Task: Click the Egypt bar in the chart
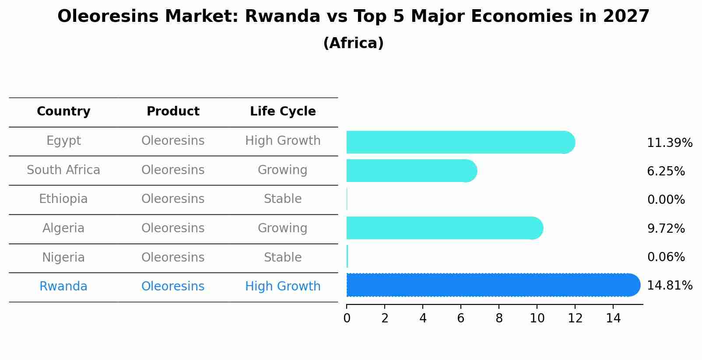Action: coord(460,142)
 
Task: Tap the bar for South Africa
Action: coord(411,171)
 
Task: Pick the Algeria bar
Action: coord(444,228)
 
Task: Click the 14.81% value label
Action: coord(669,286)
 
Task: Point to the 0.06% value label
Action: coord(666,257)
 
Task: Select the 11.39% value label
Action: coord(669,143)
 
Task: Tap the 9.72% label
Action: coord(666,228)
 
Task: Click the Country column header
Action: coord(63,112)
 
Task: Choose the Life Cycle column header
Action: coord(283,112)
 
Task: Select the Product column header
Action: coord(173,112)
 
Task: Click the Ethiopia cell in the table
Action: coord(63,199)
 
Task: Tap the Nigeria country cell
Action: coord(63,257)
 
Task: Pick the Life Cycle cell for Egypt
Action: coord(283,141)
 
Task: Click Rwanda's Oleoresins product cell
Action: coord(173,287)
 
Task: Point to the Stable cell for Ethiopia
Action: coord(283,199)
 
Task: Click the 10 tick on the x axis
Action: coord(537,318)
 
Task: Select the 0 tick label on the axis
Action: coord(347,318)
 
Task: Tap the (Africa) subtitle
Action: coord(353,43)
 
